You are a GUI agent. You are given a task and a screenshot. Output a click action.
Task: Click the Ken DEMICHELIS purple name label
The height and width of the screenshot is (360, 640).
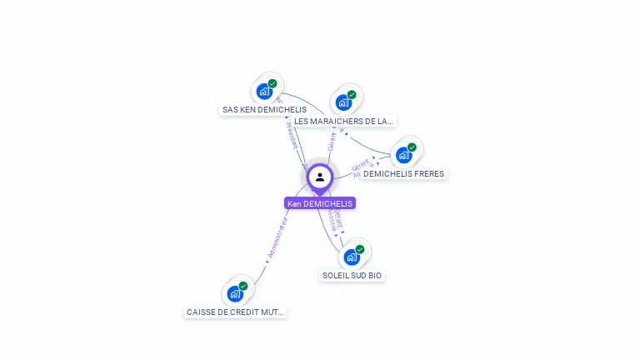320,203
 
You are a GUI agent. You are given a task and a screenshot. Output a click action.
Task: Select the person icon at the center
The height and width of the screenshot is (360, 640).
320,177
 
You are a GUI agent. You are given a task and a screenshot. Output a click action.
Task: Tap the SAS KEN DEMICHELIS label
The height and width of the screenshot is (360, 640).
264,109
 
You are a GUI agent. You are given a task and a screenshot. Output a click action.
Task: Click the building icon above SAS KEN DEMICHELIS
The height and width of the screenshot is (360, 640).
264,91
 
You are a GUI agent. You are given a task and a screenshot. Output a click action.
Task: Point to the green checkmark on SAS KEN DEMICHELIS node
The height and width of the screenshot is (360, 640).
272,83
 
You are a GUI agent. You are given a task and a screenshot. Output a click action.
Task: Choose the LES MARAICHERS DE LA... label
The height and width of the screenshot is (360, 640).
343,121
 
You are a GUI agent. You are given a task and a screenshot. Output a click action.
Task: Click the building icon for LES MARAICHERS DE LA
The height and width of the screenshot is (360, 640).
343,102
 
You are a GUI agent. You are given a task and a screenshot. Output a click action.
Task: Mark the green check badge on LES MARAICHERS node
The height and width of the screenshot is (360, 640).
352,95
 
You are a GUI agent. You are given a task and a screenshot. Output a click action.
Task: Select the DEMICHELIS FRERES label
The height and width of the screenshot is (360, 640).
403,173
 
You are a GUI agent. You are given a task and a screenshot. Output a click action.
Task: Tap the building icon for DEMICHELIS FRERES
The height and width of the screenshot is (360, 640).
403,155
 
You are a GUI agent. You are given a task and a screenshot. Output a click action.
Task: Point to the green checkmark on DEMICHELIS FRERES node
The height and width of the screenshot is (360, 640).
412,147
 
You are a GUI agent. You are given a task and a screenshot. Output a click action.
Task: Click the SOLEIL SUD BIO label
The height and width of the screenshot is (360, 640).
352,275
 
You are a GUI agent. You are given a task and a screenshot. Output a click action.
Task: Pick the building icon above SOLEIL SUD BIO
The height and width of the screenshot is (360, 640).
352,257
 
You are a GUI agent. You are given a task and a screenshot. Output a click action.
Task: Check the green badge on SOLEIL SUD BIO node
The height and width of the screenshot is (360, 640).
360,249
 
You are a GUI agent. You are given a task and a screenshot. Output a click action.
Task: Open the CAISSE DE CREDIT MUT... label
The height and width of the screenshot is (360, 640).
235,312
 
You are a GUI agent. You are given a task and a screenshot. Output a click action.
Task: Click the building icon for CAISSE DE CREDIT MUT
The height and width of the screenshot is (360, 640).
235,293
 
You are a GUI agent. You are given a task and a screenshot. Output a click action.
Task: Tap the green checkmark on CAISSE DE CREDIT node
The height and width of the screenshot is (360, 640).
243,286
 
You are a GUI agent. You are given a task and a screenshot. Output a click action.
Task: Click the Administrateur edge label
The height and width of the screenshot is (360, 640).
277,238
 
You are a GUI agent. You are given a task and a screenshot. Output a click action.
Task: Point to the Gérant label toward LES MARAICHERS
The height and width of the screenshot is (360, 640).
332,141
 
